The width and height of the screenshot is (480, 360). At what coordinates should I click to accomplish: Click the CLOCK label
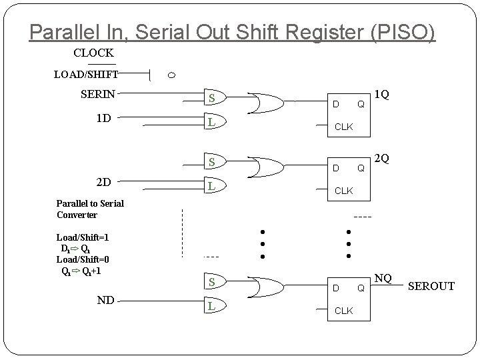click(93, 53)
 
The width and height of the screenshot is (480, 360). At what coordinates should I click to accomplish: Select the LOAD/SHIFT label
click(86, 75)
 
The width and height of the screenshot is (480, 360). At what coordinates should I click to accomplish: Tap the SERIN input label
click(98, 94)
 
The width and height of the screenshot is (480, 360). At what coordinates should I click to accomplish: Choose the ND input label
click(105, 300)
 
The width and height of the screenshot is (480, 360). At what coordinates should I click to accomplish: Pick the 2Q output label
click(382, 159)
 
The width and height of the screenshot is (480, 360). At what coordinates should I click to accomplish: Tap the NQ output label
click(383, 277)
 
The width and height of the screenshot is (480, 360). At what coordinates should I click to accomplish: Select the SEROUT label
click(431, 286)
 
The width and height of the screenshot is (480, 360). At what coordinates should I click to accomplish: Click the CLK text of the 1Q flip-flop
click(343, 127)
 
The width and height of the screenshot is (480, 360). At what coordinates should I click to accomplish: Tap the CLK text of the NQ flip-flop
click(343, 311)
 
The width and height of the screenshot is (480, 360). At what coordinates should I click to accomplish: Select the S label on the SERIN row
click(211, 99)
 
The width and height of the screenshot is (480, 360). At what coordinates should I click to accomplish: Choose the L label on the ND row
click(211, 306)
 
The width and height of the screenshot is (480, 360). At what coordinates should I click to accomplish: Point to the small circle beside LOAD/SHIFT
click(171, 75)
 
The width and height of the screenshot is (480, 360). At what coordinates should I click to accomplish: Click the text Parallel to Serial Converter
click(90, 209)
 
